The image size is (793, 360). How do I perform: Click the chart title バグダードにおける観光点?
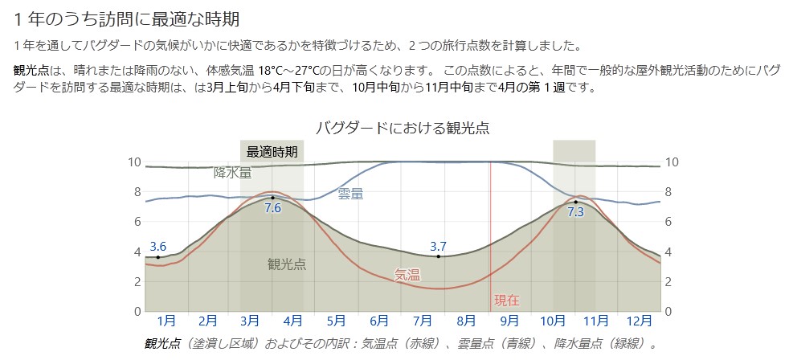point(403,128)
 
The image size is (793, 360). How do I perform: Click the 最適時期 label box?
point(272,151)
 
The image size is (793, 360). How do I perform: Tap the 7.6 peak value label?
point(272,207)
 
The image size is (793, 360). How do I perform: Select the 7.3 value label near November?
point(575,212)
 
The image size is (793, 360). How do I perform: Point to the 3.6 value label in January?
point(157,247)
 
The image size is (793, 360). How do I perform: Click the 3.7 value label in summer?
point(438,246)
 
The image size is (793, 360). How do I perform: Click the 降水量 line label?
point(233,173)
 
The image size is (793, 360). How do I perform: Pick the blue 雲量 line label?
point(350,193)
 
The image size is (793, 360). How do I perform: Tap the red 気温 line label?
point(407,275)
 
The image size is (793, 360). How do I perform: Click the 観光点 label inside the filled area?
point(286,264)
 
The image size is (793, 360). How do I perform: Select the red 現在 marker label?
point(506,301)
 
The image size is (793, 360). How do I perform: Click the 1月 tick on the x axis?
point(166,321)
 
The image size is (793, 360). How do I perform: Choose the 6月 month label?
point(381,321)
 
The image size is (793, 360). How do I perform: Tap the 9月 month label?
point(510,321)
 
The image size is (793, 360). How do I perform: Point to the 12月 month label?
point(639,321)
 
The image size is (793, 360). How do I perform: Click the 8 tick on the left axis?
point(137,192)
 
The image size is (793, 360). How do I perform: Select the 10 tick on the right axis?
point(672,162)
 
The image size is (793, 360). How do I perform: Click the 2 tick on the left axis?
point(137,281)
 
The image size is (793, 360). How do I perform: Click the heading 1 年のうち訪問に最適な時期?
point(127,18)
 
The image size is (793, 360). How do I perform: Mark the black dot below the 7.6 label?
point(272,197)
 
